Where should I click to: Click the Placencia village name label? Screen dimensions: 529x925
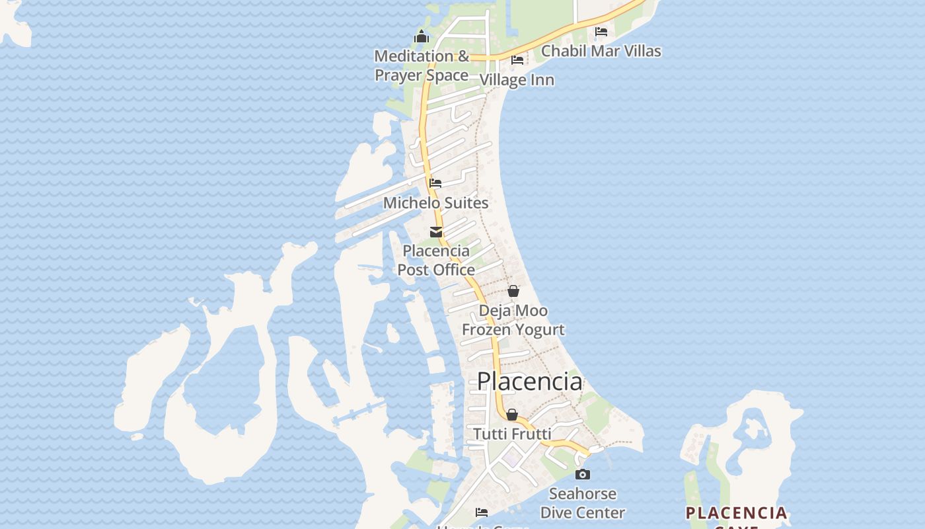(x=530, y=382)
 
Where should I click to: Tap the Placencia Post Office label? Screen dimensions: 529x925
(x=436, y=261)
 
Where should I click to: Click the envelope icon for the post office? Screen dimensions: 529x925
(x=436, y=232)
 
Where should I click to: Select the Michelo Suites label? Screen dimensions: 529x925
(x=436, y=203)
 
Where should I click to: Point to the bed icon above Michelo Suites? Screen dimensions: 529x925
(x=435, y=183)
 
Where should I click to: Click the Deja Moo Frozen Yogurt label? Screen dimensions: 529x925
(x=513, y=320)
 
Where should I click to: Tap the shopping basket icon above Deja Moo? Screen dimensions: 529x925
(x=513, y=291)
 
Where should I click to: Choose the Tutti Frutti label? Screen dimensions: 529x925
(x=512, y=434)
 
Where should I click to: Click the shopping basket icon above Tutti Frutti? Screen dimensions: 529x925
(x=512, y=415)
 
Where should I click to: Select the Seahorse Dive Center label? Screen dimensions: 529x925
(x=583, y=503)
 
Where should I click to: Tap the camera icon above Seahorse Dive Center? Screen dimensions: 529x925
(x=583, y=474)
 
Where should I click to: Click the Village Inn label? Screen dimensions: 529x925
(x=517, y=80)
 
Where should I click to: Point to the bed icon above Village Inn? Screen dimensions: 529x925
(x=517, y=60)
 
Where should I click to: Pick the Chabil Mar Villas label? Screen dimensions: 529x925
(x=601, y=51)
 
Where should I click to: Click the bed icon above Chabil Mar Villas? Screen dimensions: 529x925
(x=601, y=31)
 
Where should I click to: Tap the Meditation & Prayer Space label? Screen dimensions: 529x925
(x=422, y=65)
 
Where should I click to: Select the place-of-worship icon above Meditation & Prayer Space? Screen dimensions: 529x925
(x=422, y=36)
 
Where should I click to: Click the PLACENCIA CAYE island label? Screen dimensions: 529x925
(x=736, y=514)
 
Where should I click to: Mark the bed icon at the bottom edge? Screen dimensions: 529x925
(x=482, y=512)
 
